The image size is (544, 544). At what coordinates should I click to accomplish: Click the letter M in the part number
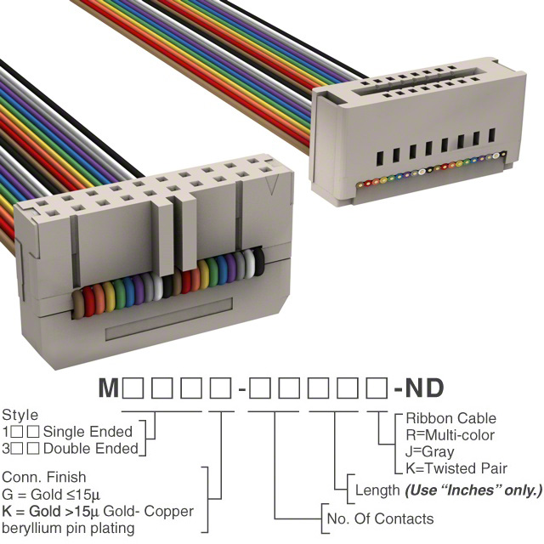109,388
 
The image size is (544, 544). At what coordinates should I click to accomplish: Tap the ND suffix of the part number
424,388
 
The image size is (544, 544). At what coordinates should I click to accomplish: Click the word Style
20,416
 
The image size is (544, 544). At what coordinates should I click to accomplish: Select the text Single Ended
88,432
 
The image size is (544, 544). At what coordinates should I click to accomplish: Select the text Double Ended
91,449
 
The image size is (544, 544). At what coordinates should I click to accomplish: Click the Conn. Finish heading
43,478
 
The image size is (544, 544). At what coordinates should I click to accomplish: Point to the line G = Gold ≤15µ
51,495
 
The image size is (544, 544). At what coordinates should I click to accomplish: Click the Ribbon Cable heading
451,418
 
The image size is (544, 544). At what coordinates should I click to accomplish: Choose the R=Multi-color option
450,435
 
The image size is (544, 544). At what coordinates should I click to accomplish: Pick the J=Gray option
429,452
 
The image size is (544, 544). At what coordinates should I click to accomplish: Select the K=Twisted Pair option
456,468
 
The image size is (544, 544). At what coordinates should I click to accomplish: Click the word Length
377,490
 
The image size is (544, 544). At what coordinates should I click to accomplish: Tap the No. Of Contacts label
380,519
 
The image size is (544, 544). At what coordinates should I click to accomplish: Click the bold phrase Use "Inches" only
473,490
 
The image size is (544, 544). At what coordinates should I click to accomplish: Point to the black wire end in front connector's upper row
258,263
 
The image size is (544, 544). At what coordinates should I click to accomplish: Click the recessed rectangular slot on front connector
169,320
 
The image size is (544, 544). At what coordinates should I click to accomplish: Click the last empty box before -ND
376,388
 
